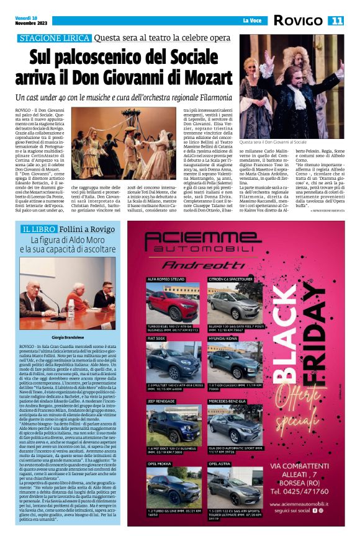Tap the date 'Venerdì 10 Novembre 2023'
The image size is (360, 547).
[x=32, y=22]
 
